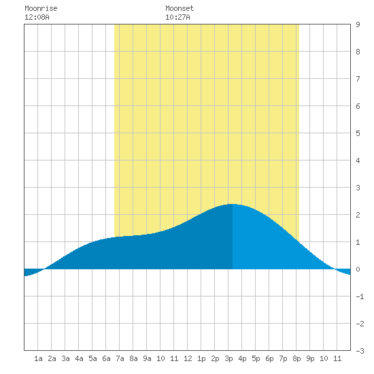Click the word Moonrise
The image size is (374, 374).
coord(41,8)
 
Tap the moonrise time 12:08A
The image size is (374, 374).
coord(37,17)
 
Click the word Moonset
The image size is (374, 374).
coord(180,8)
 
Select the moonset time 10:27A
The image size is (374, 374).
coord(177,17)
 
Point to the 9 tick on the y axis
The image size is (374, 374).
coord(358,24)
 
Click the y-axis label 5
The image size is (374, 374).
coord(358,133)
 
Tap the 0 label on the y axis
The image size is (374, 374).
coord(358,269)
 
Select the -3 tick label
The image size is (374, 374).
coord(360,351)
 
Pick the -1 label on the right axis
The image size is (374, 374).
coord(360,296)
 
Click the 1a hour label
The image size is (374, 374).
coord(38,358)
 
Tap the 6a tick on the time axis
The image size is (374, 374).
coord(106,358)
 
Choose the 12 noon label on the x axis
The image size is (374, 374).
coord(188,358)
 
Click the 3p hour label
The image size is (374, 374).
coord(228,358)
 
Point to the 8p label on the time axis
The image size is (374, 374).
coord(296,358)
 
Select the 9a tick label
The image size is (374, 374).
coord(147,358)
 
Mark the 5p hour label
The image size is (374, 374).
coord(256,358)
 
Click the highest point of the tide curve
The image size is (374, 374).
coord(233,204)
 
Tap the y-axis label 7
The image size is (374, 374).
coord(358,79)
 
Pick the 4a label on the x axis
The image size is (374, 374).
coord(79,358)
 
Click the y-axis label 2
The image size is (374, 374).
coord(358,215)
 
